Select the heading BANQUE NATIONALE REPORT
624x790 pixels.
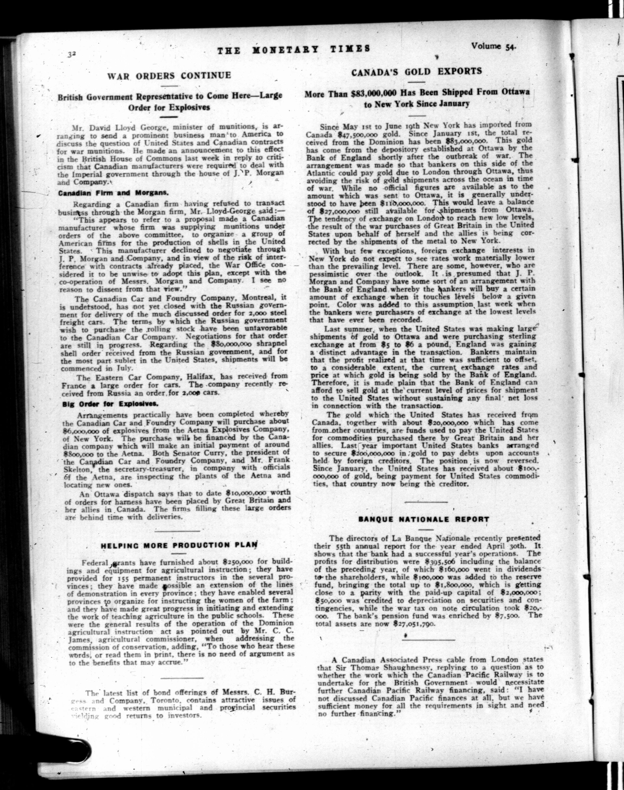point(424,519)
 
